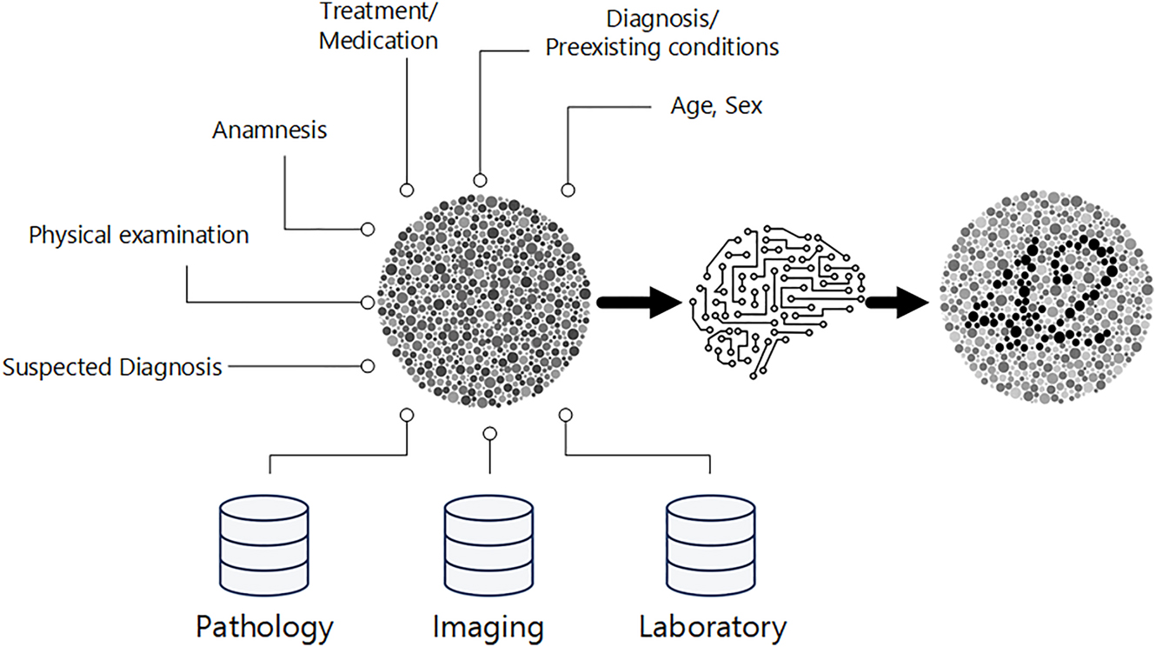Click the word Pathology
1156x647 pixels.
point(264,625)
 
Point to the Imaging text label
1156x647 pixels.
point(488,625)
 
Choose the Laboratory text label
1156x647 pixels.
point(713,625)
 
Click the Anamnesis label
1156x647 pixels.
point(269,130)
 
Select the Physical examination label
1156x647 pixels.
point(139,235)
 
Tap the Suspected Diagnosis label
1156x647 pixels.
point(112,367)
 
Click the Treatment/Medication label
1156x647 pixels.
point(378,26)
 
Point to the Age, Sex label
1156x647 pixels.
point(716,107)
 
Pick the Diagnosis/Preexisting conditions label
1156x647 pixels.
point(661,32)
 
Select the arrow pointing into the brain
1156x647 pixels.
point(640,302)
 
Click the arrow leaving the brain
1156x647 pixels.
point(895,302)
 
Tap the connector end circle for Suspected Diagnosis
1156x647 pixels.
point(368,367)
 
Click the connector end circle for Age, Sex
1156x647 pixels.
point(568,190)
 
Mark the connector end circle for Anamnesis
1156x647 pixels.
point(368,230)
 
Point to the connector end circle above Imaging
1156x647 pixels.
point(489,433)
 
